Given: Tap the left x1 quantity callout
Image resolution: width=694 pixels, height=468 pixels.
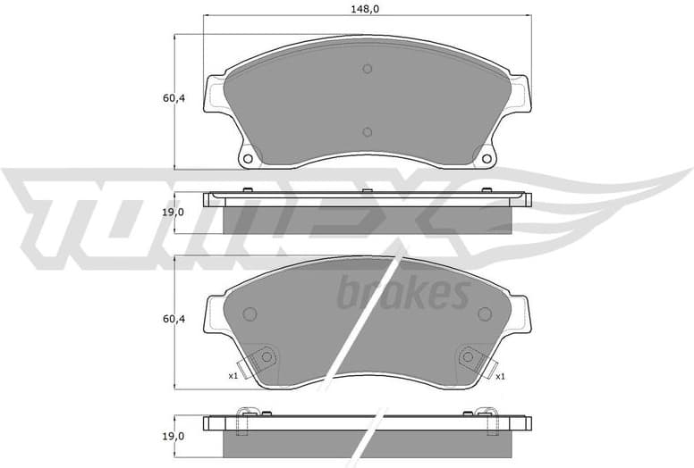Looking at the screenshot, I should (x=233, y=376).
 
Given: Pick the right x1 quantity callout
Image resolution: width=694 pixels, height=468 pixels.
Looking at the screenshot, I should (x=500, y=376).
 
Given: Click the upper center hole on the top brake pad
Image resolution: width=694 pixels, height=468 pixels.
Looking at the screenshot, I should (x=367, y=70).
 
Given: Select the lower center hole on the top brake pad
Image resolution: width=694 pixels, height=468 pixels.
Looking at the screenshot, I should (x=367, y=132).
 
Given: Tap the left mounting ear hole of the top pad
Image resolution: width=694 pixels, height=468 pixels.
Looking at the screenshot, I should (x=248, y=159).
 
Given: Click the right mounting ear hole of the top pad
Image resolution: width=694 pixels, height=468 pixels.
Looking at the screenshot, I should (x=487, y=159).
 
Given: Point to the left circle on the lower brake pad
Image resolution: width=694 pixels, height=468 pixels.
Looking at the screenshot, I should (x=250, y=313).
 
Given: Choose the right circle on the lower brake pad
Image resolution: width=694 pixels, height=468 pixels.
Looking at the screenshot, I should (x=485, y=313).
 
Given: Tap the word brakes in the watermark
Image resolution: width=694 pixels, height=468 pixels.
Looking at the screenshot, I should (x=402, y=292).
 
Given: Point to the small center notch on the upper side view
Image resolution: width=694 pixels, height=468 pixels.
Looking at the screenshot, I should (x=367, y=191).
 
